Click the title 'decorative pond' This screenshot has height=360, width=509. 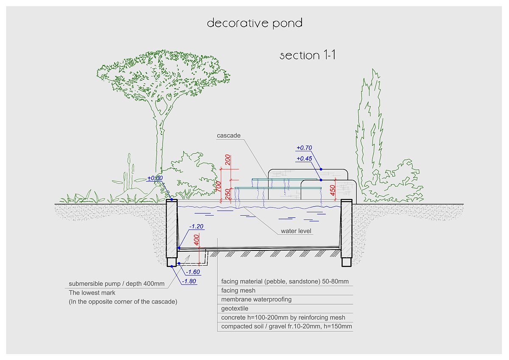255,22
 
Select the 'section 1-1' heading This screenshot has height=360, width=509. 308,55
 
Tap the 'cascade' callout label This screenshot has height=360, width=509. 229,136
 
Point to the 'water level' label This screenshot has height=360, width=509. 296,231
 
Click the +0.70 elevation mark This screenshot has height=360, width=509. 304,148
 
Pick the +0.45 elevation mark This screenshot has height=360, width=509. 304,158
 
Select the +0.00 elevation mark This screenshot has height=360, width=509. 155,178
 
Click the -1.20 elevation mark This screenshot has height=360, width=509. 197,227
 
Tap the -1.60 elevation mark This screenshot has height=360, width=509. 193,272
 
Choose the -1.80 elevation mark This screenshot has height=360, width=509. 189,281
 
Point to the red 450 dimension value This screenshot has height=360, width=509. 333,190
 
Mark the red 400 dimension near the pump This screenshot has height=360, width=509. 196,240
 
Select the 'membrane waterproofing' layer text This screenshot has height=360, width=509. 256,299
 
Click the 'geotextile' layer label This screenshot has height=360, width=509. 235,309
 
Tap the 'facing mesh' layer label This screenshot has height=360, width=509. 238,290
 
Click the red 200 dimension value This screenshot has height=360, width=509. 228,160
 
